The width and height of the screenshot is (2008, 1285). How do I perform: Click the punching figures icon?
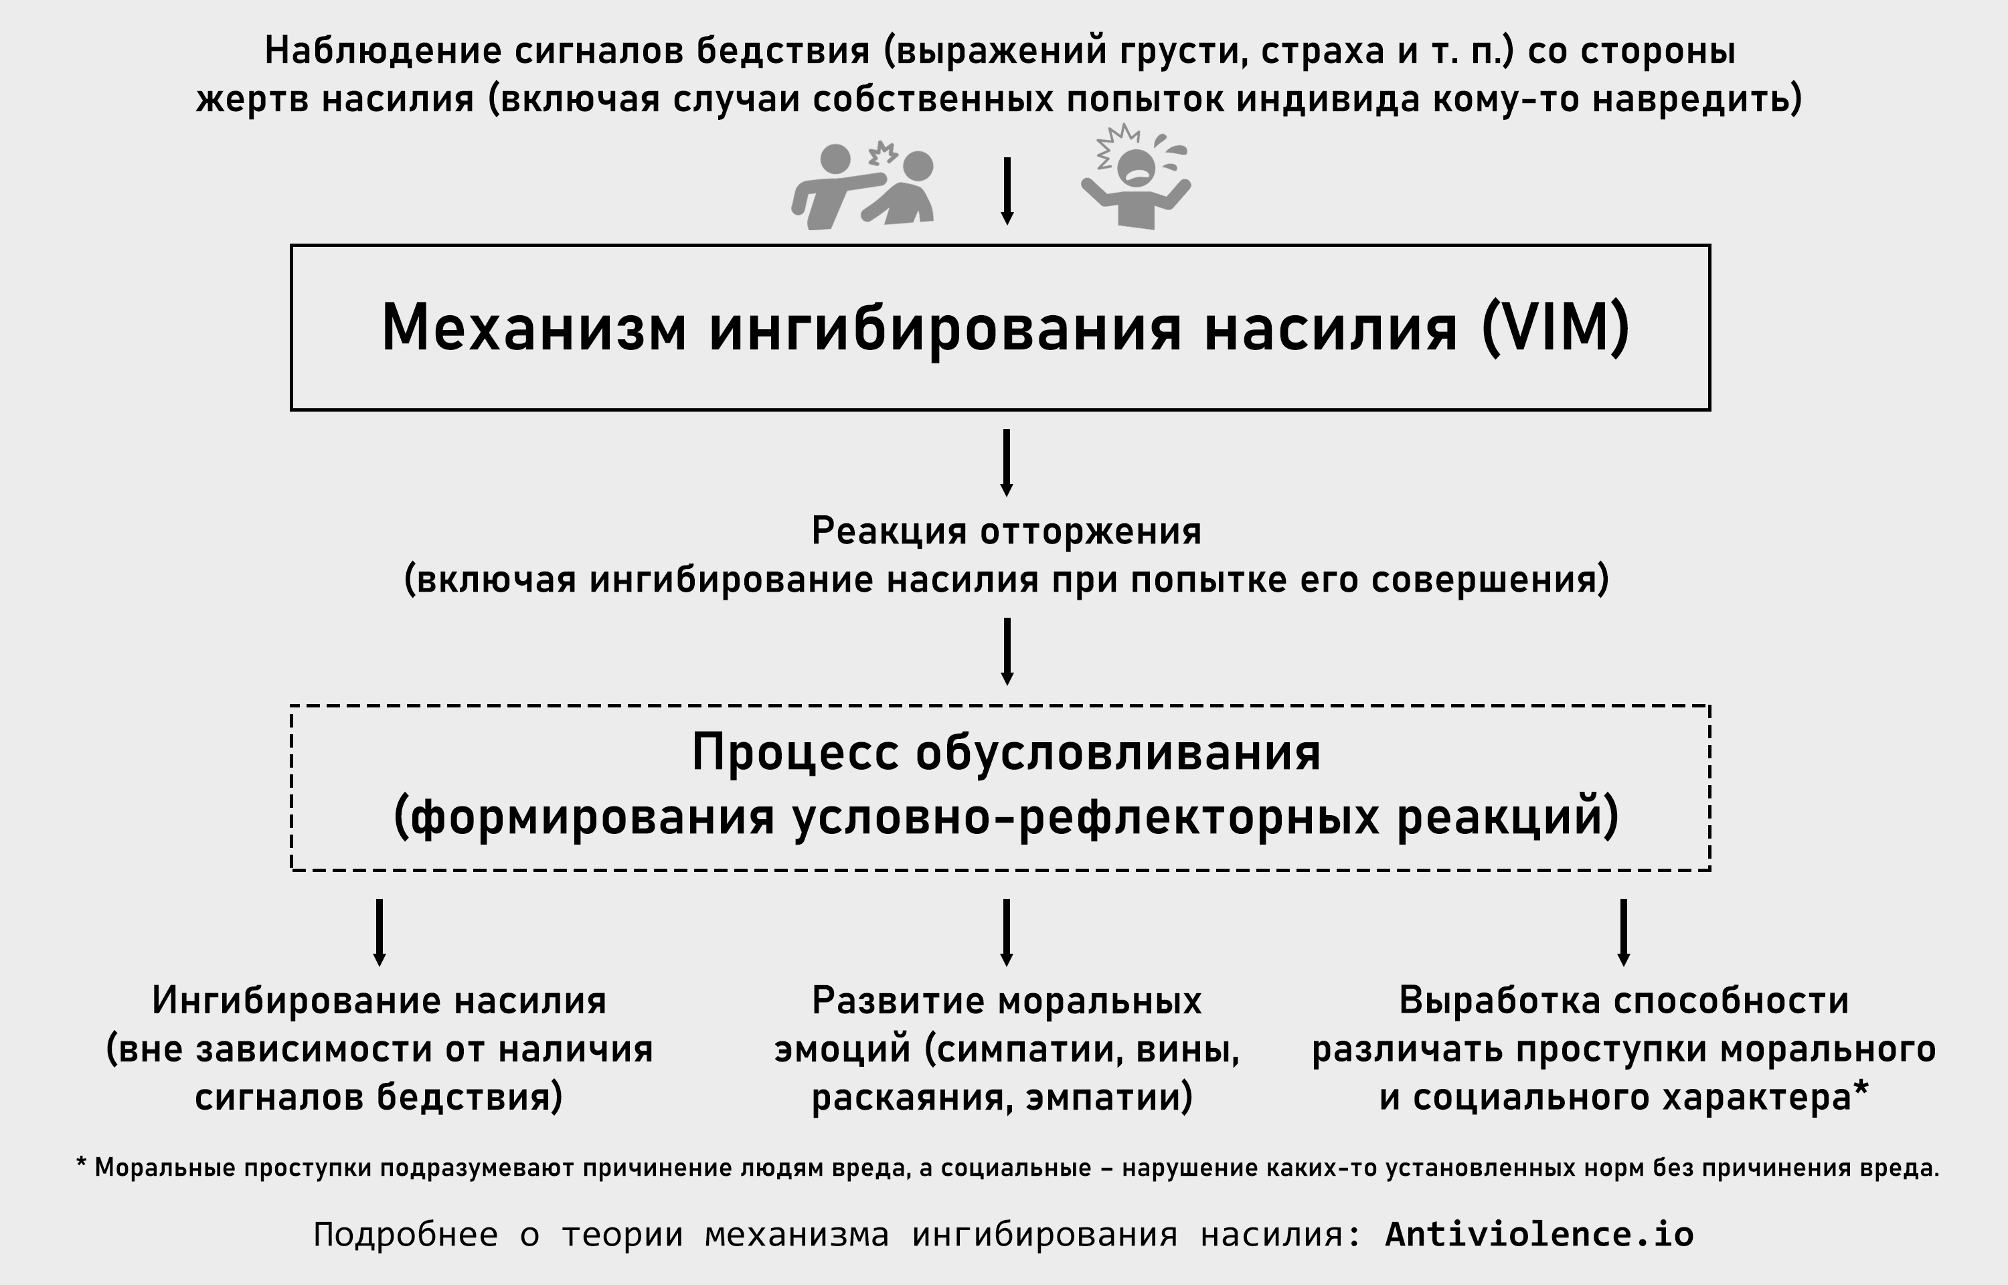pyautogui.click(x=863, y=185)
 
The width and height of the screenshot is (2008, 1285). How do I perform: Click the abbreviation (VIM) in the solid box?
pyautogui.click(x=1555, y=328)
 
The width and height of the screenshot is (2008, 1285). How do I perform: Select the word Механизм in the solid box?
pyautogui.click(x=534, y=327)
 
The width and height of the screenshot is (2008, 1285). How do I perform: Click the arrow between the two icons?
pyautogui.click(x=1007, y=191)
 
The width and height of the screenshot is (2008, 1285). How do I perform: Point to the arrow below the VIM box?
pyautogui.click(x=1007, y=463)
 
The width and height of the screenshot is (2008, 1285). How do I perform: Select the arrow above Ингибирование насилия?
pyautogui.click(x=380, y=933)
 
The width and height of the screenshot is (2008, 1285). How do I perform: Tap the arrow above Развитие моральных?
pyautogui.click(x=1007, y=933)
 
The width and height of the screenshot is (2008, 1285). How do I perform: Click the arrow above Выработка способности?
pyautogui.click(x=1623, y=933)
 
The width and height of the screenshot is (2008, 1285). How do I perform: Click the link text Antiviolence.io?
pyautogui.click(x=1539, y=1234)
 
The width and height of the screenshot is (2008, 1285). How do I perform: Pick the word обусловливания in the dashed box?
pyautogui.click(x=1118, y=754)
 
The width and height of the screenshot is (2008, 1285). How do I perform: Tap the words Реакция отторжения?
pyautogui.click(x=1007, y=532)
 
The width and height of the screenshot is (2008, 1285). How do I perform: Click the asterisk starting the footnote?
pyautogui.click(x=82, y=1163)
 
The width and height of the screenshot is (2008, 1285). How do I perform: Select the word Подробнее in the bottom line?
pyautogui.click(x=406, y=1235)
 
